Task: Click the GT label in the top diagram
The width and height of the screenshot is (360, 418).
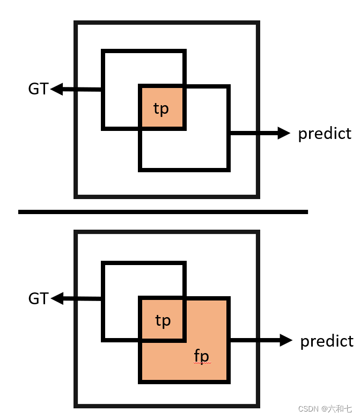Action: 38,89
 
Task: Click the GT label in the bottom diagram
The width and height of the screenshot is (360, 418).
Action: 38,298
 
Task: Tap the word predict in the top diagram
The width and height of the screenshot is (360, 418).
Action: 325,134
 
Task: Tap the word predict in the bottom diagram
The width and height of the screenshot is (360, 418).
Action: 327,341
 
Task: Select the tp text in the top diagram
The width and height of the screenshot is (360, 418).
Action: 161,109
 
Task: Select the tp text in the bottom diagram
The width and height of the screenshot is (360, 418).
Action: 163,321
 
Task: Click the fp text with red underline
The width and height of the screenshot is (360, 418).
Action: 202,356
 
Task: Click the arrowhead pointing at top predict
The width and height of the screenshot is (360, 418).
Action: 284,134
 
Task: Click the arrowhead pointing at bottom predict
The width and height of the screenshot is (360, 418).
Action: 286,340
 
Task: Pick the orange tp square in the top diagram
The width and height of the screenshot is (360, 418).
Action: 162,107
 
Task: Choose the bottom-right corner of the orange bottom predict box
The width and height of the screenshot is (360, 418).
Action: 228,381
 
